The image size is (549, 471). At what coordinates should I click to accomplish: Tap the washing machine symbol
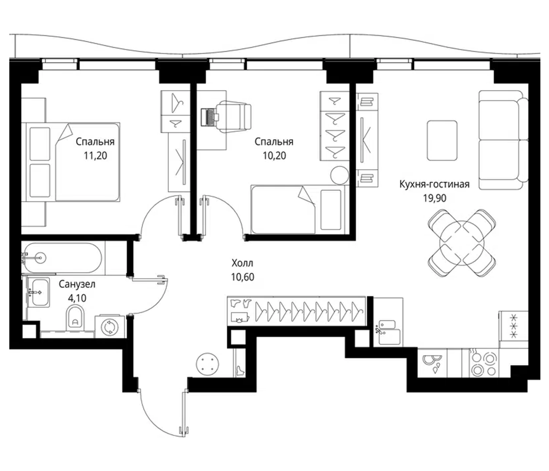(109, 327)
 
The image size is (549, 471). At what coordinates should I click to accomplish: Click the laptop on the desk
(208, 117)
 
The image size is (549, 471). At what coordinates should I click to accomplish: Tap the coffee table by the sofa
(442, 140)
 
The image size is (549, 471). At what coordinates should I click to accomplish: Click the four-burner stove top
(483, 363)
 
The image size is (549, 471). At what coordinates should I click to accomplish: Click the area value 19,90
(434, 198)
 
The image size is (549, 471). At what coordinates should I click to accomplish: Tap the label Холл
(242, 263)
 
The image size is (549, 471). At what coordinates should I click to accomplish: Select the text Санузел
(77, 284)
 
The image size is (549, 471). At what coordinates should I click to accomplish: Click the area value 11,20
(95, 156)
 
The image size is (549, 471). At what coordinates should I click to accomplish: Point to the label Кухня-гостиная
(434, 184)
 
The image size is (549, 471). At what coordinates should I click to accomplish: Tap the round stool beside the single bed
(339, 175)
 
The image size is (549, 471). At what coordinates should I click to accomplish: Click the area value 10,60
(242, 277)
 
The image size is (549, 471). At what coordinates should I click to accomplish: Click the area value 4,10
(77, 298)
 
